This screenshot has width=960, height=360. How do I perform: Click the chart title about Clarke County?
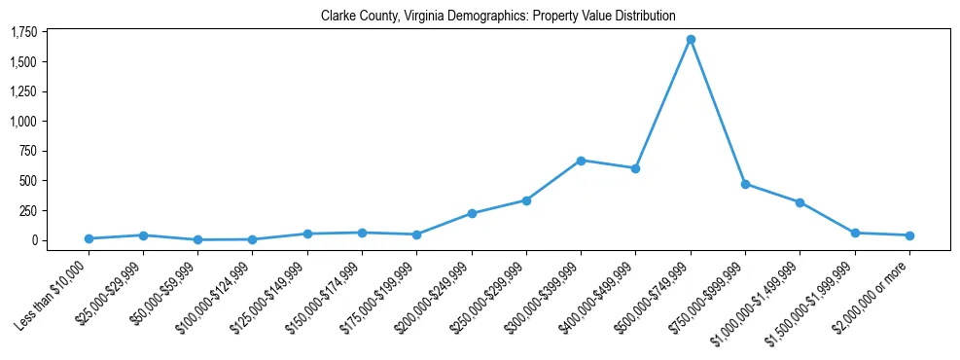coord(497,17)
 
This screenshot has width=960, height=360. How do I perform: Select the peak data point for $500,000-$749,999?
coord(691,40)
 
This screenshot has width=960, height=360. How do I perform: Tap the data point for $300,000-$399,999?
coord(581,161)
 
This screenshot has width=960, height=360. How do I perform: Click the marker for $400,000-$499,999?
coord(635,168)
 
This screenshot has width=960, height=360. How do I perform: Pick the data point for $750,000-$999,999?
coord(745,184)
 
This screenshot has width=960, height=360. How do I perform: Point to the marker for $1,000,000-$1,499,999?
coord(800,202)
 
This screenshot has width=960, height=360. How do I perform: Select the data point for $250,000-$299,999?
coord(526,200)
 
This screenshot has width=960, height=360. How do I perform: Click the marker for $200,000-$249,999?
coord(472,213)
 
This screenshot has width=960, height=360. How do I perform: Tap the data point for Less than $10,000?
coord(89,238)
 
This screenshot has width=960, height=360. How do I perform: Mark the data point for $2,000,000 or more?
coord(909,235)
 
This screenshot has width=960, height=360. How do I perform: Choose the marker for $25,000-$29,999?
coord(143,235)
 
